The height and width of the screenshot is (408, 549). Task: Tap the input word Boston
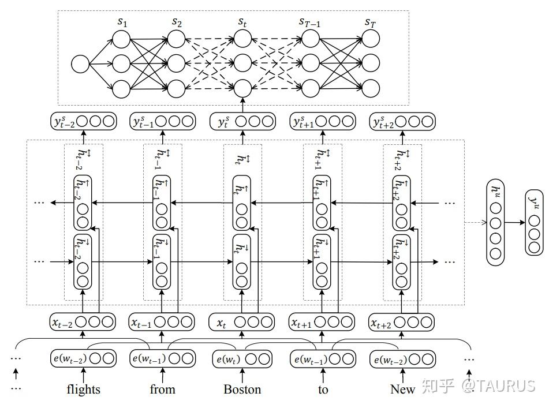(x=242, y=390)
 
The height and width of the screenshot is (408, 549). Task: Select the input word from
(x=162, y=390)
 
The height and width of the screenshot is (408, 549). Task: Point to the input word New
(x=402, y=390)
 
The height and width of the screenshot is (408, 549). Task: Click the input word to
(x=323, y=390)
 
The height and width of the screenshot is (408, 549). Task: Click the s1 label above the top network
(x=122, y=23)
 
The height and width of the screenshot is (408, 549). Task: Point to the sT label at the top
(x=370, y=23)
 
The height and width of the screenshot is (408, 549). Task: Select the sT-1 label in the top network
(x=310, y=23)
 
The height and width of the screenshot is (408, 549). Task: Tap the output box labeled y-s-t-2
(x=83, y=122)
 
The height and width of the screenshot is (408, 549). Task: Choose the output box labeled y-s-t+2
(x=402, y=122)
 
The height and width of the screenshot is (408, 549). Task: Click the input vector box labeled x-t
(x=242, y=323)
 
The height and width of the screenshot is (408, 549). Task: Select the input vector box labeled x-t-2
(x=83, y=323)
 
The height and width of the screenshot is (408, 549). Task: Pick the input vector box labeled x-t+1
(x=322, y=323)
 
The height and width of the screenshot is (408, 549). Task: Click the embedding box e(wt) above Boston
(x=242, y=359)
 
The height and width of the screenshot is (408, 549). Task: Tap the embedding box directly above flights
(x=83, y=359)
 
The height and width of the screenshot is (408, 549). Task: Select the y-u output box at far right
(x=534, y=222)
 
